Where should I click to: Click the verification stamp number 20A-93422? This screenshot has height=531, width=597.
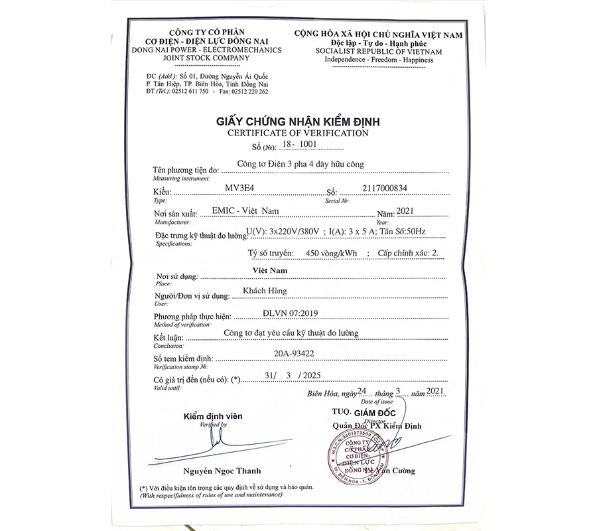(293, 354)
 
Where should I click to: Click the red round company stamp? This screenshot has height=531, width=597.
(356, 455)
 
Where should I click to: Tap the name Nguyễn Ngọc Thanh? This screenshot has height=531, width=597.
(213, 472)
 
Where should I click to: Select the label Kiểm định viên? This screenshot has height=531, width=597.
(213, 416)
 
